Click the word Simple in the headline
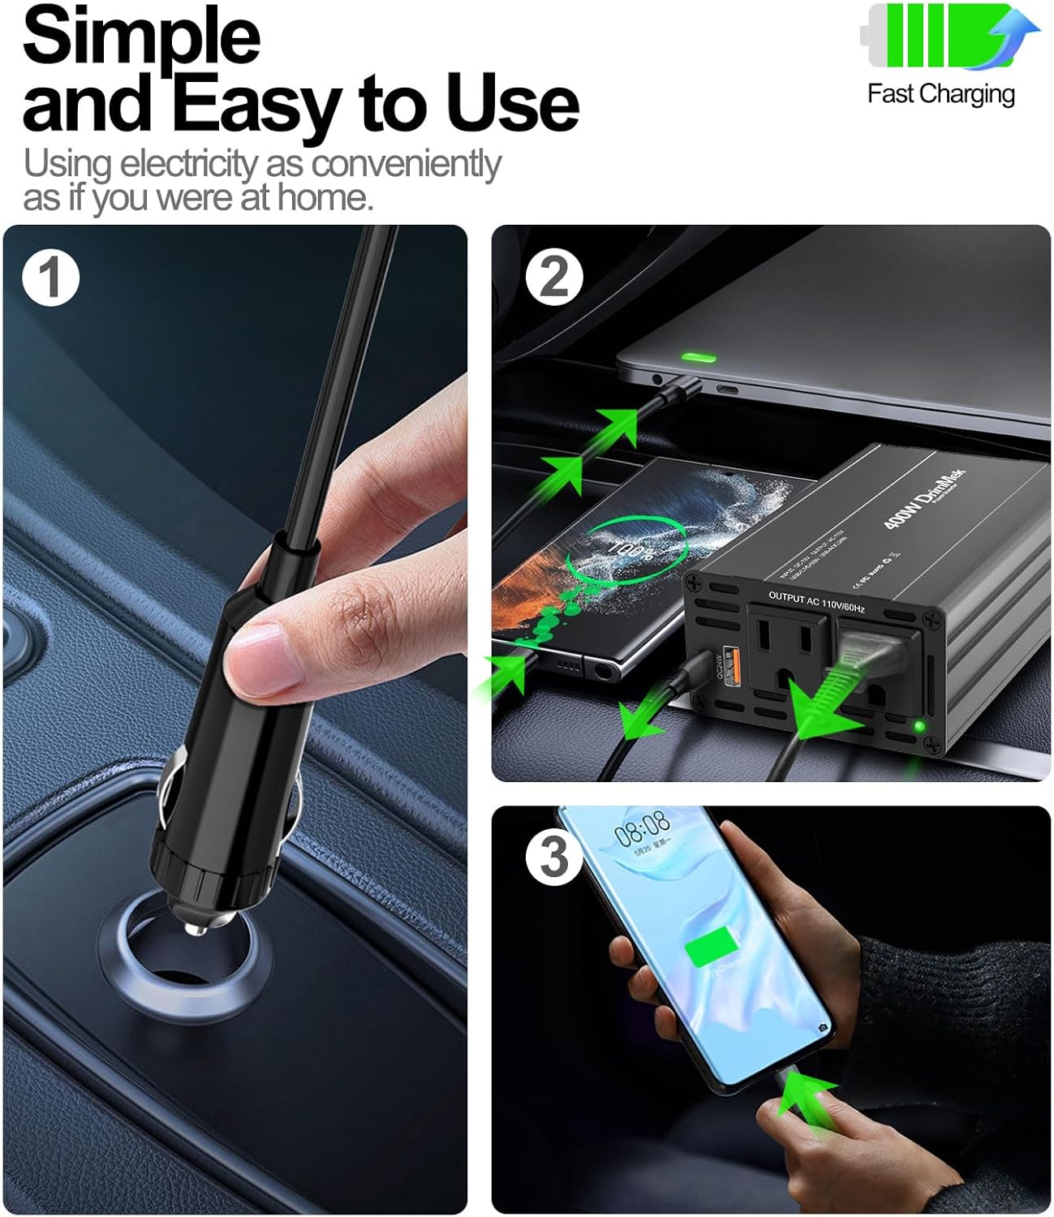(x=142, y=37)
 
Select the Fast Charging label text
(x=940, y=94)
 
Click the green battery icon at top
(x=941, y=37)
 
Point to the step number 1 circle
(x=50, y=278)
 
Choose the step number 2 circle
(x=554, y=278)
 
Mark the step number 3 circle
(x=554, y=857)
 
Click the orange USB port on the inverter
(x=729, y=664)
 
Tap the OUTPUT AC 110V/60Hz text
(x=816, y=601)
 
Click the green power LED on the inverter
(x=918, y=725)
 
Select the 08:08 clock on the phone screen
(x=642, y=828)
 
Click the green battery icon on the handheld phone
(x=712, y=949)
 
